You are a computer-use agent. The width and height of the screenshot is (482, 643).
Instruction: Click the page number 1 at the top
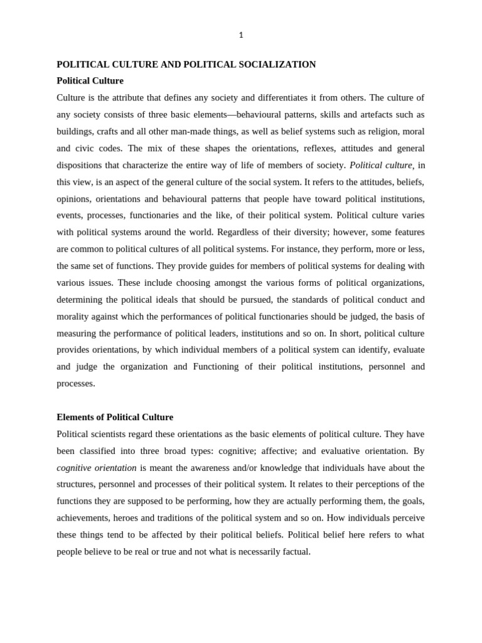[241, 35]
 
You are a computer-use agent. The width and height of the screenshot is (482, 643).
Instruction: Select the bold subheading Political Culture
[90, 81]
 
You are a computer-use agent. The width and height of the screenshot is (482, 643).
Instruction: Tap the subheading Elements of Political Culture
[115, 417]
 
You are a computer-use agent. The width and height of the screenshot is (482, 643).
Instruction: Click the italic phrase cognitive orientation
[96, 468]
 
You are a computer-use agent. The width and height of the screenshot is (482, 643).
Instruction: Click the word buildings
[75, 131]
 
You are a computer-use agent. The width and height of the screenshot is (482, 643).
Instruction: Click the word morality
[75, 316]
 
